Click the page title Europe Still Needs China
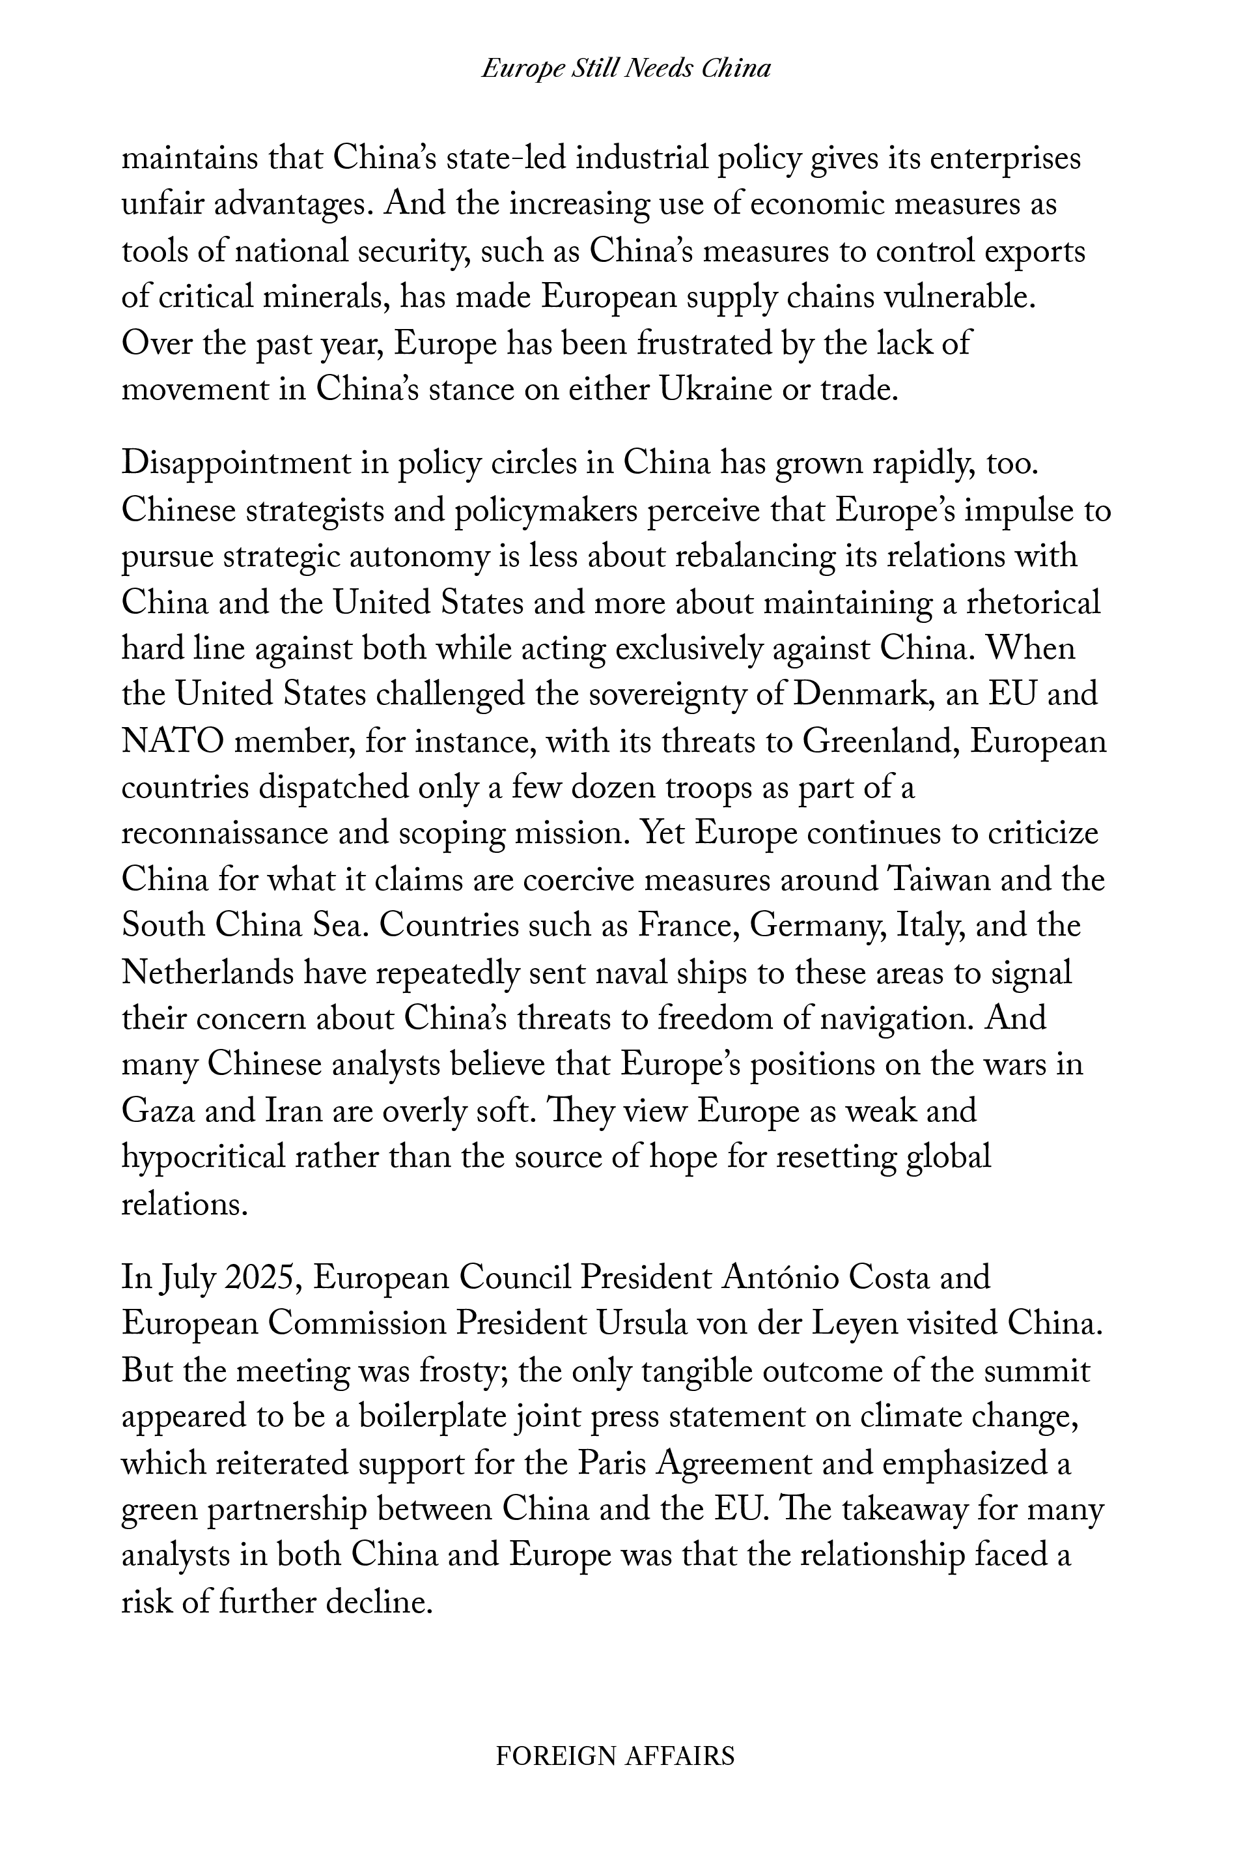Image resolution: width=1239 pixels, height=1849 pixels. coord(626,69)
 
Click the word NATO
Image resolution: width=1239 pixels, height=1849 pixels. coord(173,742)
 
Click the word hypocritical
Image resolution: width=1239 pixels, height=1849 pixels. coord(203,1158)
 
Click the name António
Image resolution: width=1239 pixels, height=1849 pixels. coord(772,1278)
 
